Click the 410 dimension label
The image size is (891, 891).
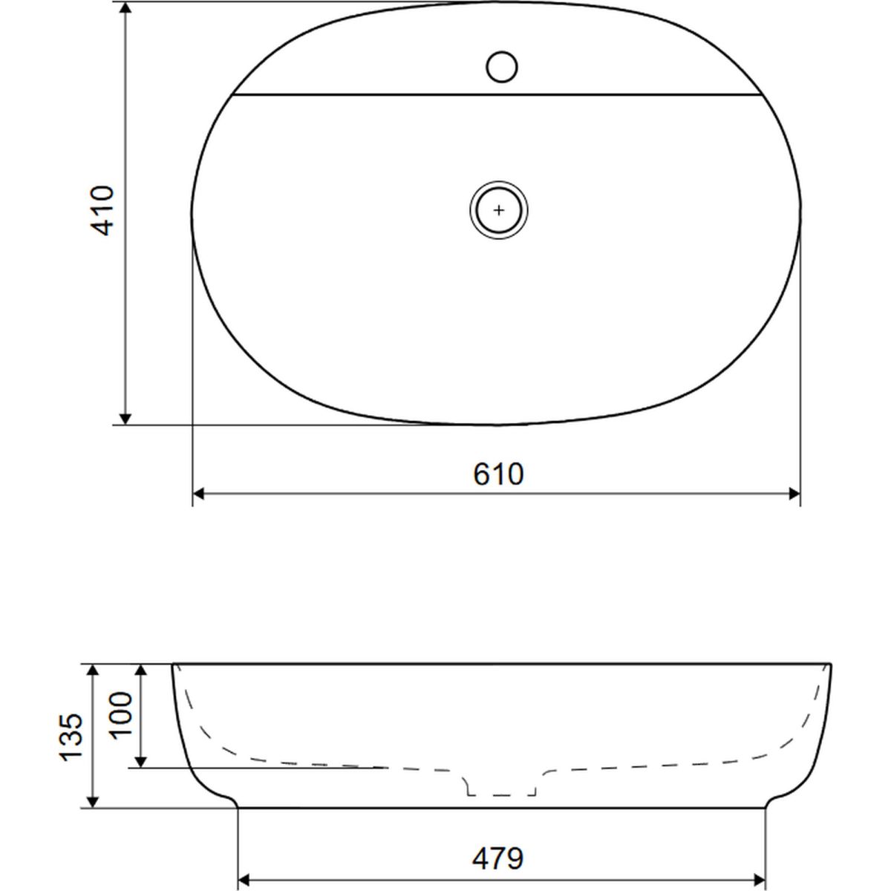(102, 211)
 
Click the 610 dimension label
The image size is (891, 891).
(498, 474)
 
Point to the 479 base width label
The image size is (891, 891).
(497, 858)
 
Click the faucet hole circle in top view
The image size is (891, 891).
(502, 67)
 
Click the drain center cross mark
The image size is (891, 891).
(498, 210)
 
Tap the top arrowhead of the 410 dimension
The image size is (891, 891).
(125, 8)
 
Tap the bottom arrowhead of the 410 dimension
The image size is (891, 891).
(125, 419)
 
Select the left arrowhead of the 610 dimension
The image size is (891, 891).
(198, 494)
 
